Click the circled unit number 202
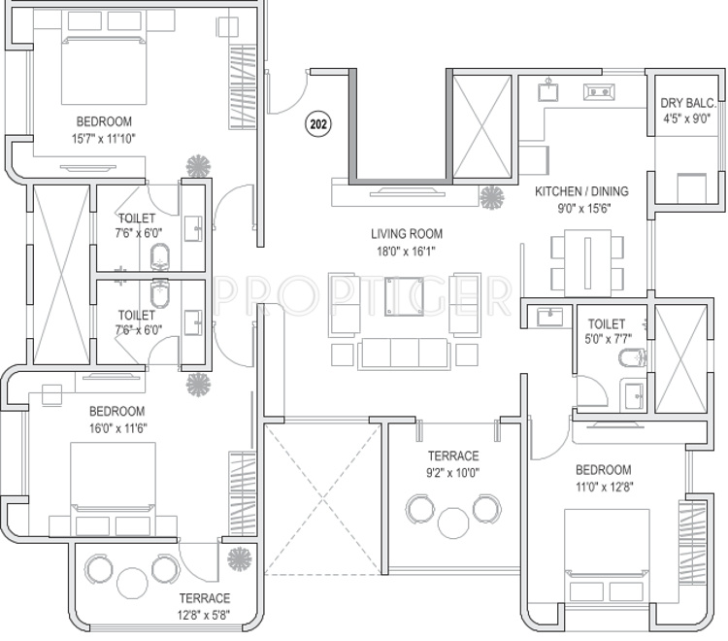tap(318, 124)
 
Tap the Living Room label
tap(407, 234)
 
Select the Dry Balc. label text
tap(688, 103)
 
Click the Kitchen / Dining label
tap(581, 191)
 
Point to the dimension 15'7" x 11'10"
tap(104, 139)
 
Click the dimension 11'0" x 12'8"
tap(605, 487)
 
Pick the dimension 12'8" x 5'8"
tap(204, 615)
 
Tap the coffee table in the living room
tap(404, 297)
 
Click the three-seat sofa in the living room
tap(404, 354)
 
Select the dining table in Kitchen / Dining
tap(588, 262)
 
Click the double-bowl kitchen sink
tap(599, 92)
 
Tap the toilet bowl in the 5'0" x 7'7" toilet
tap(632, 357)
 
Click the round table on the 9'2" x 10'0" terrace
tap(453, 523)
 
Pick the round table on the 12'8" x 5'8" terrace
tap(132, 583)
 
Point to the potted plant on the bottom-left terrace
tap(240, 559)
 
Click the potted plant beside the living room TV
tap(492, 197)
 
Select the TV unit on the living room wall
tap(405, 192)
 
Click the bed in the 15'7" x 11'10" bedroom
tap(105, 70)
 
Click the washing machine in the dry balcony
tap(692, 188)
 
